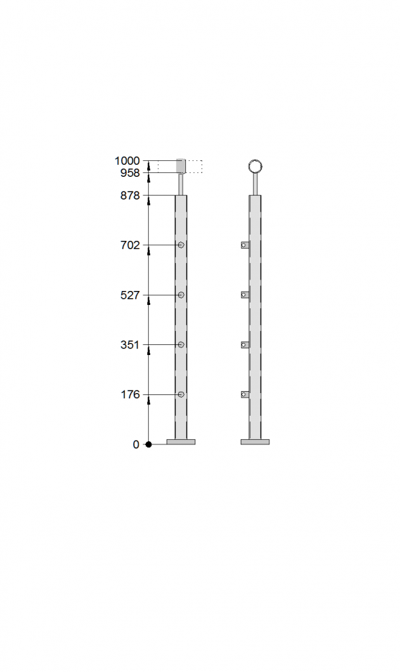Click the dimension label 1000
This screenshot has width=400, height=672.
point(127,161)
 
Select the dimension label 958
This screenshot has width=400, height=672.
point(130,173)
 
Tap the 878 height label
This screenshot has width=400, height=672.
point(130,196)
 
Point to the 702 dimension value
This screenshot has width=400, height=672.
point(130,245)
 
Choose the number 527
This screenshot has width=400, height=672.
point(130,295)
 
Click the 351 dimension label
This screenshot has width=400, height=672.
point(130,344)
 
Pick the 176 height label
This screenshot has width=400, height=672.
point(130,394)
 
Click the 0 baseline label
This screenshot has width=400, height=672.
point(136,444)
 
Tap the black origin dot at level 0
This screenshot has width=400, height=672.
point(149,444)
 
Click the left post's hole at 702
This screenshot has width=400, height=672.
point(181,245)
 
